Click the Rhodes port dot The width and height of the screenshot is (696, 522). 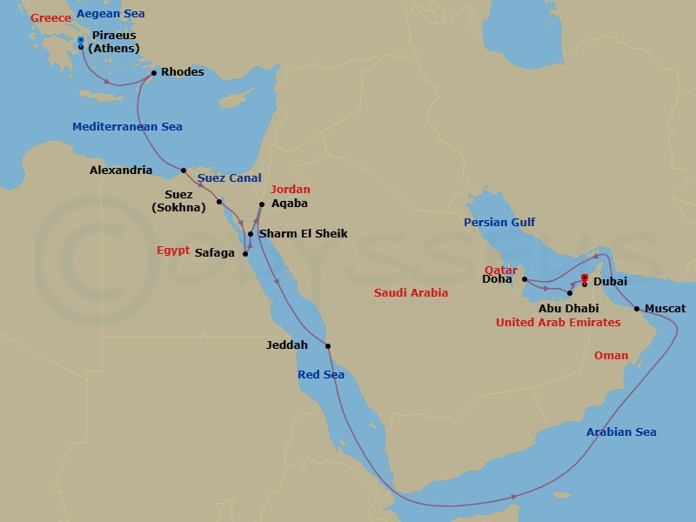click(154, 73)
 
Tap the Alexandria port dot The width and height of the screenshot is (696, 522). click(184, 171)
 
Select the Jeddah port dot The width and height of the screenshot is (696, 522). click(328, 346)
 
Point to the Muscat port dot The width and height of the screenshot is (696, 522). click(637, 309)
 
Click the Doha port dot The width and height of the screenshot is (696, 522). click(525, 280)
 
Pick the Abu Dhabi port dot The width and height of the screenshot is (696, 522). click(570, 293)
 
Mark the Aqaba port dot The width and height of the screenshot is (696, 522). click(262, 204)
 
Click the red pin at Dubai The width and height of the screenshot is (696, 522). click(584, 279)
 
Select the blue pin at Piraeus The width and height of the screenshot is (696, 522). click(81, 41)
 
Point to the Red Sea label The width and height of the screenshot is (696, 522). click(321, 375)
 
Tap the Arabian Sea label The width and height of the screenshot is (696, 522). click(621, 432)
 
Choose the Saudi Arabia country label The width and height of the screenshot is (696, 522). click(411, 293)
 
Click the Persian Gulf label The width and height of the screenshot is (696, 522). click(499, 223)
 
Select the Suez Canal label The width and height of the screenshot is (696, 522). click(229, 178)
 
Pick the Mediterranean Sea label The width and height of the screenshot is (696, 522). click(127, 127)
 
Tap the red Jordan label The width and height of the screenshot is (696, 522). click(290, 190)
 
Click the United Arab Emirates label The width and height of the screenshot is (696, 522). click(558, 323)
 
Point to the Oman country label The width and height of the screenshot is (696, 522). click(611, 356)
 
